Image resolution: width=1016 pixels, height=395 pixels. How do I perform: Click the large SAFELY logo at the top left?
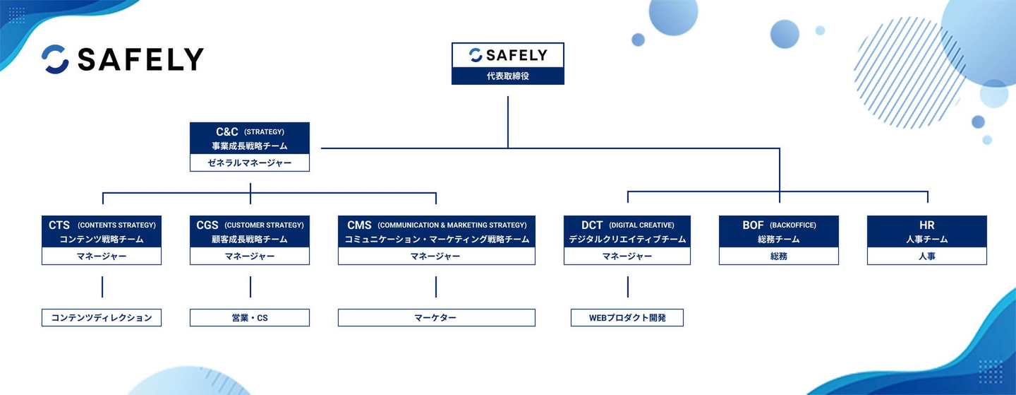[x=123, y=59]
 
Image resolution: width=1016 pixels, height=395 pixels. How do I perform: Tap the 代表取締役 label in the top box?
[x=508, y=76]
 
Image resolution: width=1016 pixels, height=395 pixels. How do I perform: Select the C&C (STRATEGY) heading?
[x=250, y=131]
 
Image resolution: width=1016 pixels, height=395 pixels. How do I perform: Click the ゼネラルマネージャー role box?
[x=250, y=163]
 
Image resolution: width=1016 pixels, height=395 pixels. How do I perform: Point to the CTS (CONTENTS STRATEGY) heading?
[x=102, y=225]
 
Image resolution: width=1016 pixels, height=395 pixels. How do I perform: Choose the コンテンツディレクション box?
[x=102, y=318]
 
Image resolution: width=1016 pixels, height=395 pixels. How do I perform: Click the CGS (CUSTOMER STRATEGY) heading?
[x=250, y=225]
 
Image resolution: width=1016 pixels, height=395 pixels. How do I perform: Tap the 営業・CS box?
[x=250, y=318]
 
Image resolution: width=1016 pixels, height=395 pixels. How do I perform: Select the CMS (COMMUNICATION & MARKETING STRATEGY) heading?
[x=437, y=225]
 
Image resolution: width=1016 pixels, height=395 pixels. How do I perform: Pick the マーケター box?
[x=436, y=318]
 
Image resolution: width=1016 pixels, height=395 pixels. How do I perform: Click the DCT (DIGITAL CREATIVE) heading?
[x=628, y=225]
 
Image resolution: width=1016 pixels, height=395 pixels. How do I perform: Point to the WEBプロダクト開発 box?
[x=627, y=318]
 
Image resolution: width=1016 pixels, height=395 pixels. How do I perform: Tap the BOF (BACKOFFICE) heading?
[x=779, y=225]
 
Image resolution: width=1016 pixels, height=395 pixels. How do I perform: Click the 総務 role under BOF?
[x=779, y=256]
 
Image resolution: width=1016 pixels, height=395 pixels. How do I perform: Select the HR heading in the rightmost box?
[x=927, y=225]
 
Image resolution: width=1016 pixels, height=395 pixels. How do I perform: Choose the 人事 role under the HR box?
[x=927, y=256]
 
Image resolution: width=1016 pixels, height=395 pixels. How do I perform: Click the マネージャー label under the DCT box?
[x=627, y=256]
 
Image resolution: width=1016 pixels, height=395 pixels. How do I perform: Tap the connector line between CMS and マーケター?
[x=436, y=287]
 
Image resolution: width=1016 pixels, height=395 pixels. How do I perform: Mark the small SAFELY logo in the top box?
[x=508, y=55]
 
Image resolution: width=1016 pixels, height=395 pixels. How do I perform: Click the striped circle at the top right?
[x=909, y=73]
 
